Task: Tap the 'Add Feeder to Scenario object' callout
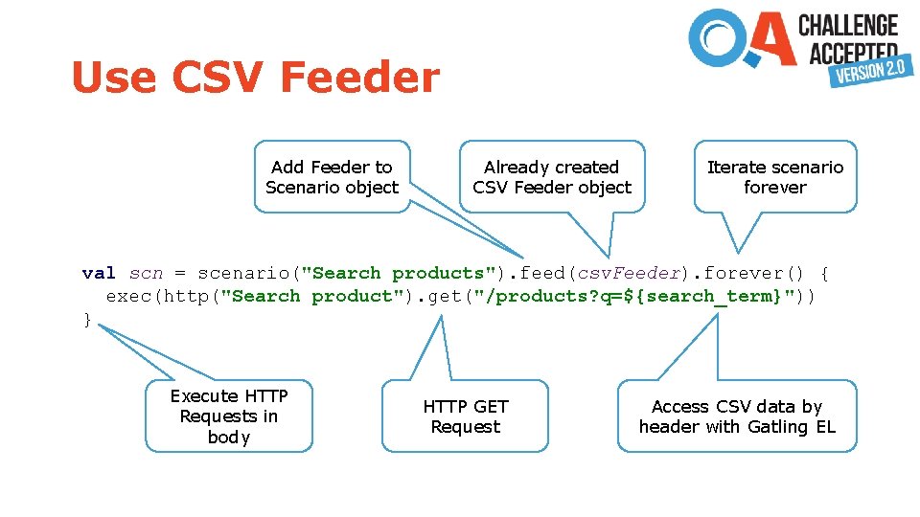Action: [x=331, y=177]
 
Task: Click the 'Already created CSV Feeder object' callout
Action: [x=552, y=177]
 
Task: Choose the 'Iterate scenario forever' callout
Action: [x=774, y=177]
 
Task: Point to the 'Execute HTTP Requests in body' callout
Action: [x=229, y=416]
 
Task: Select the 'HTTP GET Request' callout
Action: [x=466, y=416]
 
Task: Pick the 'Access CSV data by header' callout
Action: [x=737, y=416]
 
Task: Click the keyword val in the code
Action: [x=99, y=273]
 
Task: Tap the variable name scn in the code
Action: [x=146, y=273]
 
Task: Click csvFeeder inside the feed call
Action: [x=629, y=273]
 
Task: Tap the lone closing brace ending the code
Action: [x=88, y=319]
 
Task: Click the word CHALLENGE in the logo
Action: [x=848, y=26]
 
